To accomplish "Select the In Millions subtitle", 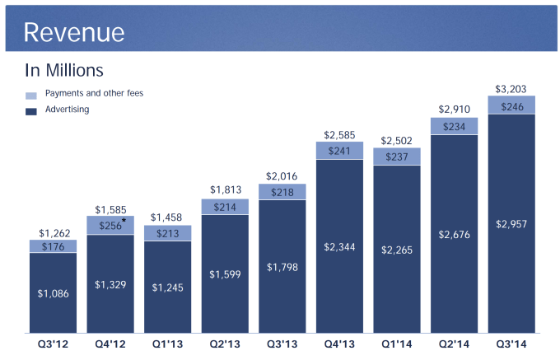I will coord(64,71).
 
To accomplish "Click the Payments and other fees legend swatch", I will coord(31,96).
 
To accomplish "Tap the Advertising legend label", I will coord(68,110).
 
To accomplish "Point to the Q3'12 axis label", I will coord(54,344).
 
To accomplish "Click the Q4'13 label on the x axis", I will coord(339,344).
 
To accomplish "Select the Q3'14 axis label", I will coord(511,344).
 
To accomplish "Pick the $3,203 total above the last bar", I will coord(511,88).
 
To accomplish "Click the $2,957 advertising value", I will coord(511,223).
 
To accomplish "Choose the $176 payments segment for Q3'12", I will coord(54,246).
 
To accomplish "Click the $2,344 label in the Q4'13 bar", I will coord(339,245).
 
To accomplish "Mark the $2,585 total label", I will coord(339,134).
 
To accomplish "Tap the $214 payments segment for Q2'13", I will coord(225,207).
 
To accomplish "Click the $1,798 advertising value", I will coord(282,267).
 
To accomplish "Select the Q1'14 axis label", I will coord(396,344).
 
